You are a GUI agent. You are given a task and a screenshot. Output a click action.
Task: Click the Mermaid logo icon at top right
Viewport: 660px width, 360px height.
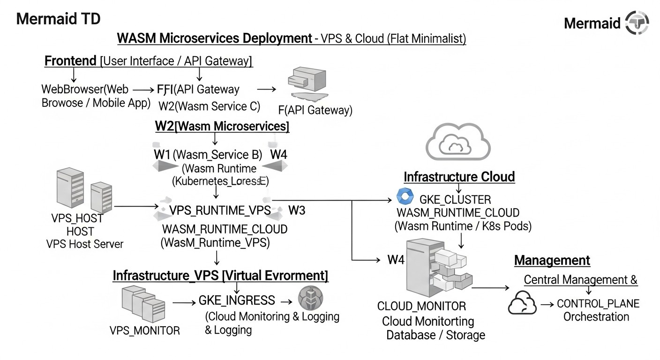click(637, 22)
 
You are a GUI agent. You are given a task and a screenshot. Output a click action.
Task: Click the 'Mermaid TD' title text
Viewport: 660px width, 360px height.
click(58, 19)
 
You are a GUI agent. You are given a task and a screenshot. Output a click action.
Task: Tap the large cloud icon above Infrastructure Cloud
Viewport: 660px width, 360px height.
click(457, 142)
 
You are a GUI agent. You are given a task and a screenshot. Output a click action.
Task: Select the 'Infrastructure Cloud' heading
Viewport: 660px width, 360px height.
click(459, 177)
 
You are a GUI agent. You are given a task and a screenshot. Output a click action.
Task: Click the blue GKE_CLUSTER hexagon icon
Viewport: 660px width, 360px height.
click(403, 196)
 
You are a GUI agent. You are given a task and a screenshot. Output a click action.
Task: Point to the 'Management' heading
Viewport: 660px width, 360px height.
click(552, 260)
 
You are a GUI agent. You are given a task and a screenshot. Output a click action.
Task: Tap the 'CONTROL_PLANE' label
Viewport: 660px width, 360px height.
click(598, 304)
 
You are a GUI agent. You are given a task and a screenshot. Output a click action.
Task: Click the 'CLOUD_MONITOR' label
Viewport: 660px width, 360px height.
click(421, 307)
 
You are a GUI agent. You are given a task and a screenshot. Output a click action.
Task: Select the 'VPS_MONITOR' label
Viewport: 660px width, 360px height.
click(144, 330)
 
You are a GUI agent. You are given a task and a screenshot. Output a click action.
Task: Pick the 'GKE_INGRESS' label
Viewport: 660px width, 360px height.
click(237, 300)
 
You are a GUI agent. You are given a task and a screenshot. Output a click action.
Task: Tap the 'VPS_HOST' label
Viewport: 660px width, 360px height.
click(77, 218)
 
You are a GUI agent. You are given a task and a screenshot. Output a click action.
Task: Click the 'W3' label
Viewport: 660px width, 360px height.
click(296, 210)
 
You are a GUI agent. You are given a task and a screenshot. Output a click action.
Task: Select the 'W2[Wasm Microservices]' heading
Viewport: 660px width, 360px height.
click(222, 126)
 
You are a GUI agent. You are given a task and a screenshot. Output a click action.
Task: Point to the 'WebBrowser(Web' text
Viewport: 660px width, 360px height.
click(84, 89)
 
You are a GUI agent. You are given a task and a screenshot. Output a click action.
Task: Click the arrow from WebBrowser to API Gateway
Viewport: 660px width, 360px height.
click(143, 89)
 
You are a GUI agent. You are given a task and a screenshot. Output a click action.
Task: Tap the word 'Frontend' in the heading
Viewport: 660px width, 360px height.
click(71, 61)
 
